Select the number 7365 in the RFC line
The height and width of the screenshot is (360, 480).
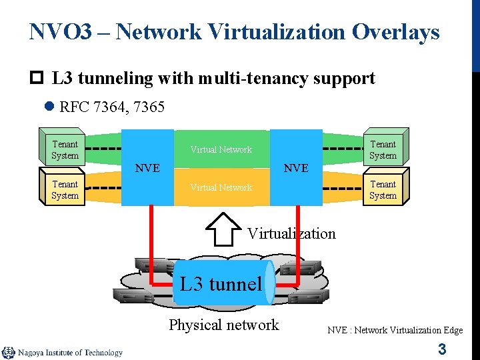(149, 107)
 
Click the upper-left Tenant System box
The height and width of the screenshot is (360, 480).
(65, 150)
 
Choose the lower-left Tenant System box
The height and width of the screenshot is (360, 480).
(65, 190)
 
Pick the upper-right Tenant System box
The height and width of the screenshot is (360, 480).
(383, 150)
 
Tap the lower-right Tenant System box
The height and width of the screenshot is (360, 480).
(383, 190)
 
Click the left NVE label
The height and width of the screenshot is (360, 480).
(147, 168)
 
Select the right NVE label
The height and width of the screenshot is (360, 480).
(296, 168)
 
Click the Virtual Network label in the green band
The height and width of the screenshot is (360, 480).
(221, 149)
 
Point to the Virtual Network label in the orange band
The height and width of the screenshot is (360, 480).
(221, 187)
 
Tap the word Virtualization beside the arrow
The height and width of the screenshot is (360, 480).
(291, 233)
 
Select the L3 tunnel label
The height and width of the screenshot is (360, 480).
(221, 284)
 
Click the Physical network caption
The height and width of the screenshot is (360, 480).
(224, 325)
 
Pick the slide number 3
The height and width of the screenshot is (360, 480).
(441, 349)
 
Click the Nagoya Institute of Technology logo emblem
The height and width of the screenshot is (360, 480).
(8, 353)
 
